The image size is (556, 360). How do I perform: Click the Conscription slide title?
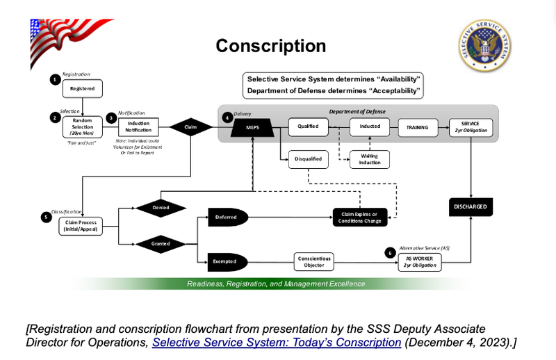point(270,46)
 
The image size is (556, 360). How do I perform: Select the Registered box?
point(82,88)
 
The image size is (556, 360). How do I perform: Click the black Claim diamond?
point(190,127)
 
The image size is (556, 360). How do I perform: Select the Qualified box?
point(308,127)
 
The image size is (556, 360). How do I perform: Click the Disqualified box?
point(308,159)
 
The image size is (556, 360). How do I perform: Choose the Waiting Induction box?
point(370,159)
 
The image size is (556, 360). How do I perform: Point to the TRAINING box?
point(418,127)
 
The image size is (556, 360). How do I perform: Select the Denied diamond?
point(161,207)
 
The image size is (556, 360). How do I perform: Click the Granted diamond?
point(161,245)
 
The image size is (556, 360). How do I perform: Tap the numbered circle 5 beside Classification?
point(46,217)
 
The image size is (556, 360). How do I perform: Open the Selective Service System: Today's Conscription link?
point(277,342)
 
